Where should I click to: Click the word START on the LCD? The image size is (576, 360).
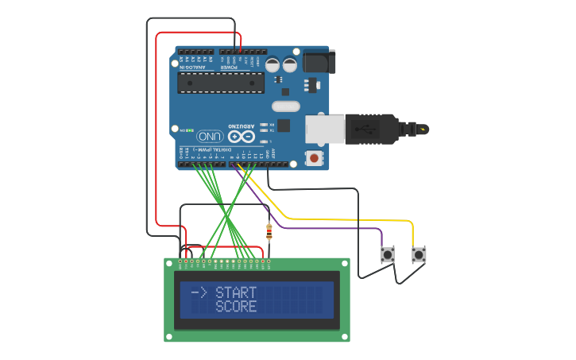[x=236, y=293]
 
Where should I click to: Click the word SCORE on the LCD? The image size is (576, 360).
[x=236, y=307]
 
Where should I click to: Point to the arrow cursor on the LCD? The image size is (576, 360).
[x=199, y=293]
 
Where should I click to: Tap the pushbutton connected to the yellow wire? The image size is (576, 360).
[x=419, y=255]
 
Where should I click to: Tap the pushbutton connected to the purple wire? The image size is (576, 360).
[x=388, y=255]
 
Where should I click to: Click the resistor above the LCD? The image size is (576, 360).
[x=269, y=232]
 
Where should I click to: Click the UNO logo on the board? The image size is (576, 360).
[x=210, y=136]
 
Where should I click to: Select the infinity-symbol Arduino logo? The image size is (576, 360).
[x=240, y=136]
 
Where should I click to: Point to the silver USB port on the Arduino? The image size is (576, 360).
[x=326, y=130]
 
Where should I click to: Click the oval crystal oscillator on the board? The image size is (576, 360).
[x=285, y=106]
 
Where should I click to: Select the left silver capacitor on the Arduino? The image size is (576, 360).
[x=273, y=64]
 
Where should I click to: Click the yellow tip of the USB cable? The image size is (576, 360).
[x=423, y=129]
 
